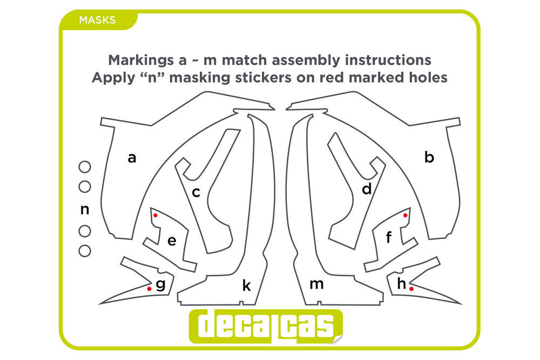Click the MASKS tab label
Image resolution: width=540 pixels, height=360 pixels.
97,20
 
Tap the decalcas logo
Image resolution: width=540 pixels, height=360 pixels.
266,327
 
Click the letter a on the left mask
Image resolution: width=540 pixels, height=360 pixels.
132,158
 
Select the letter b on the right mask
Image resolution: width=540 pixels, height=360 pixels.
429,157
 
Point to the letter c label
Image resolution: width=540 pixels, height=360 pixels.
196,192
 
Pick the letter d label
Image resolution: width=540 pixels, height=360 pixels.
367,189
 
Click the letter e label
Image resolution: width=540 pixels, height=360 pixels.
172,241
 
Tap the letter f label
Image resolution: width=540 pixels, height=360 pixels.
389,237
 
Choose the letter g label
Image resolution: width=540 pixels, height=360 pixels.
160,285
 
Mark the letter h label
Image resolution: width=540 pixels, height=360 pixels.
402,283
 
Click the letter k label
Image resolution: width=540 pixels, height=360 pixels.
247,286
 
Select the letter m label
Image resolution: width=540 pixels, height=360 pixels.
316,284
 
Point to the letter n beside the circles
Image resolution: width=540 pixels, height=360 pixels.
85,209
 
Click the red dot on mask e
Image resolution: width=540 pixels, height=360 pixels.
156,215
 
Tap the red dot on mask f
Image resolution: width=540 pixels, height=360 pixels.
406,215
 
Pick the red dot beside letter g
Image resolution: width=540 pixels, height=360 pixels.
149,289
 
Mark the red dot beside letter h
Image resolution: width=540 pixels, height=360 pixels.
411,289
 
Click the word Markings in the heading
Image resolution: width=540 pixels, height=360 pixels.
141,60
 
